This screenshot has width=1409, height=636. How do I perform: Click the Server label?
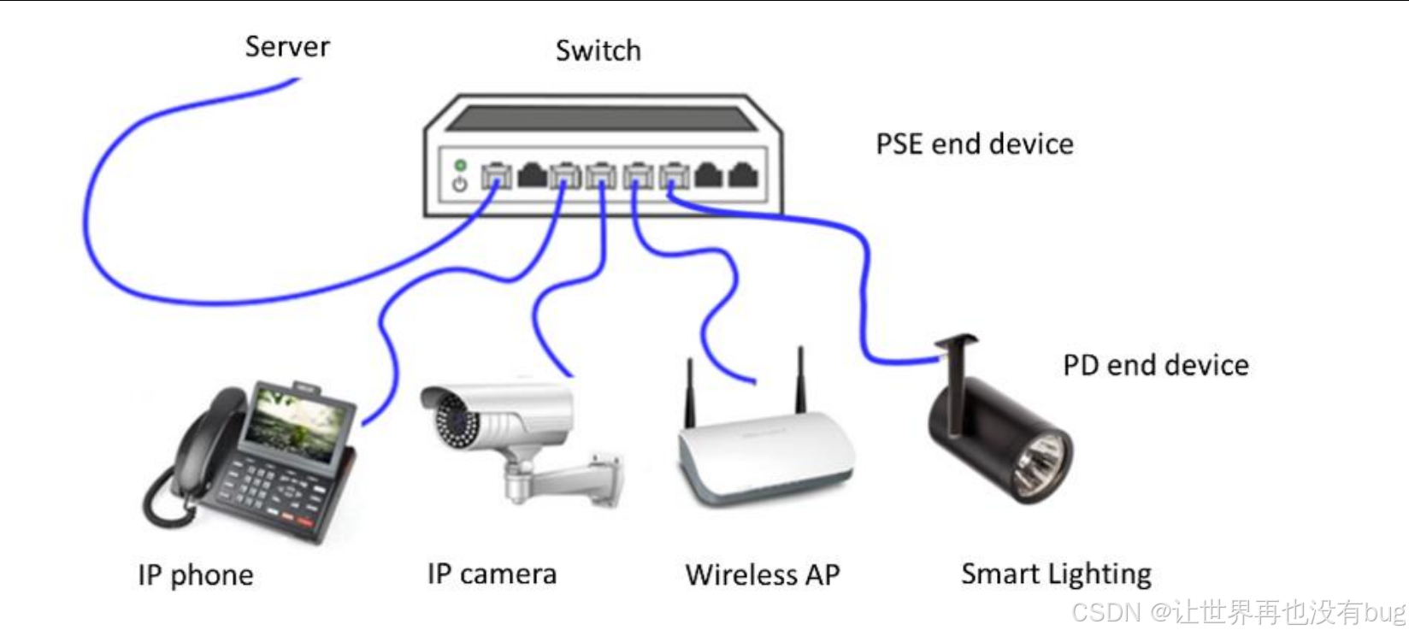coord(287,46)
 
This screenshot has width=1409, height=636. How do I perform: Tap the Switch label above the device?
coord(598,50)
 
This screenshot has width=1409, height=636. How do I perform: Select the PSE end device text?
coord(974,144)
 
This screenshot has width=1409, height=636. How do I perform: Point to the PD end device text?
coord(1155,365)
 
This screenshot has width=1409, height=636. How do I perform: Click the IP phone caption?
coord(195,574)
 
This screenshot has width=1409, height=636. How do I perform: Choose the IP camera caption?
coord(492,574)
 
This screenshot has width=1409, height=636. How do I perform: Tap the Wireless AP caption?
coord(763,574)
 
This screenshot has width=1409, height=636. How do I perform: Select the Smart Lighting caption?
coord(1056,574)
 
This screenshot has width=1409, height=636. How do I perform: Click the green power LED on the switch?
coord(460,165)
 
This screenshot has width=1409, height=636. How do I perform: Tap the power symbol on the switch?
coord(460,184)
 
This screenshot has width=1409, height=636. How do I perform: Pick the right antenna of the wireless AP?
coord(801,380)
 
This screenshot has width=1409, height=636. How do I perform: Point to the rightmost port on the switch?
coord(742,176)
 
